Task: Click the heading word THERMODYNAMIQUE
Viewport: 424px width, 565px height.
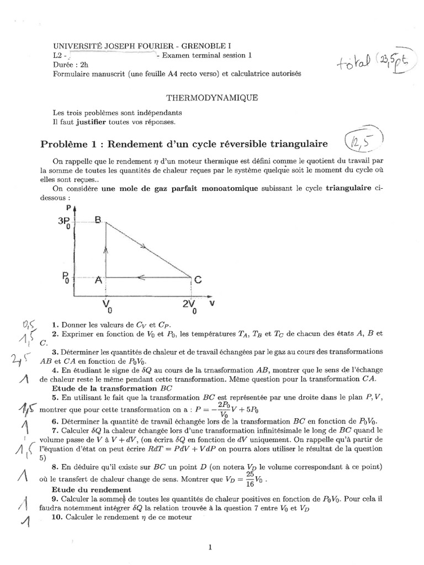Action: click(212, 98)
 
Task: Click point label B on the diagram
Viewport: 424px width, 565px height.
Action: click(98, 220)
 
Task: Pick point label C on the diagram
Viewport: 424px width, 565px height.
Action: click(198, 280)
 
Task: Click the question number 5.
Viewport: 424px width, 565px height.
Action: click(55, 397)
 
